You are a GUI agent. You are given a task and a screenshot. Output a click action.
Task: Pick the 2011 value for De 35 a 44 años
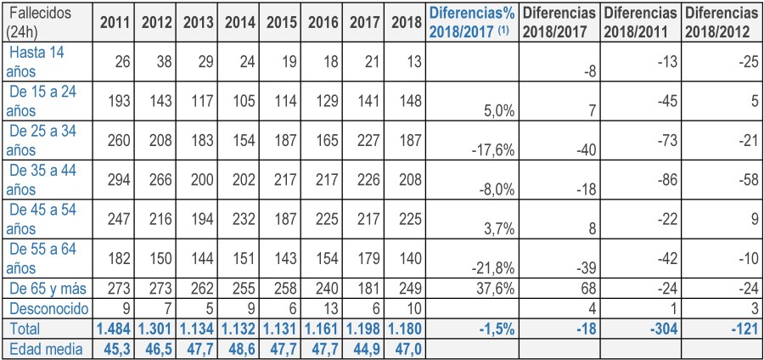(x=115, y=185)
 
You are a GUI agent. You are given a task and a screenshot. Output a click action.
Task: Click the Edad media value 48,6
(x=240, y=347)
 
